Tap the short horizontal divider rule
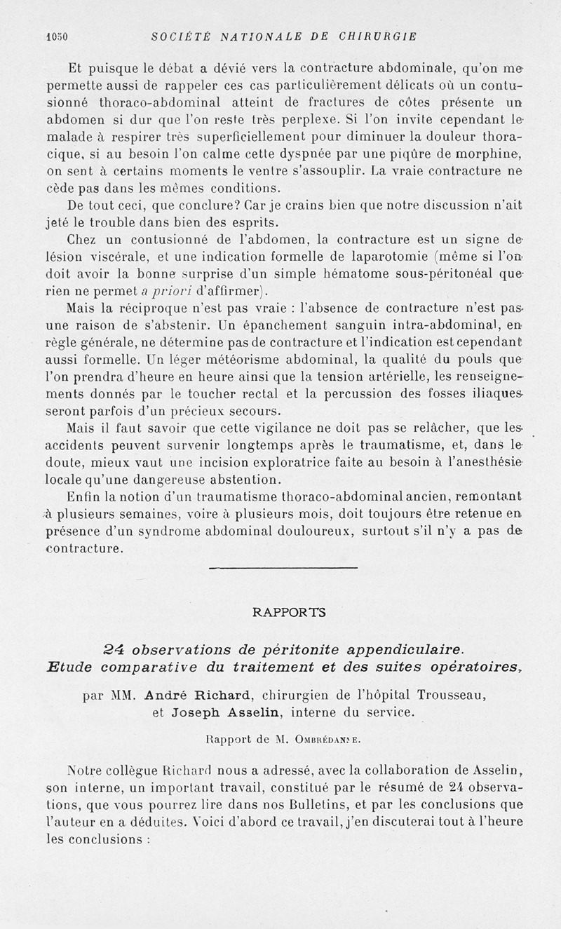[x=283, y=567]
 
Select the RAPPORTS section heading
[x=289, y=612]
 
